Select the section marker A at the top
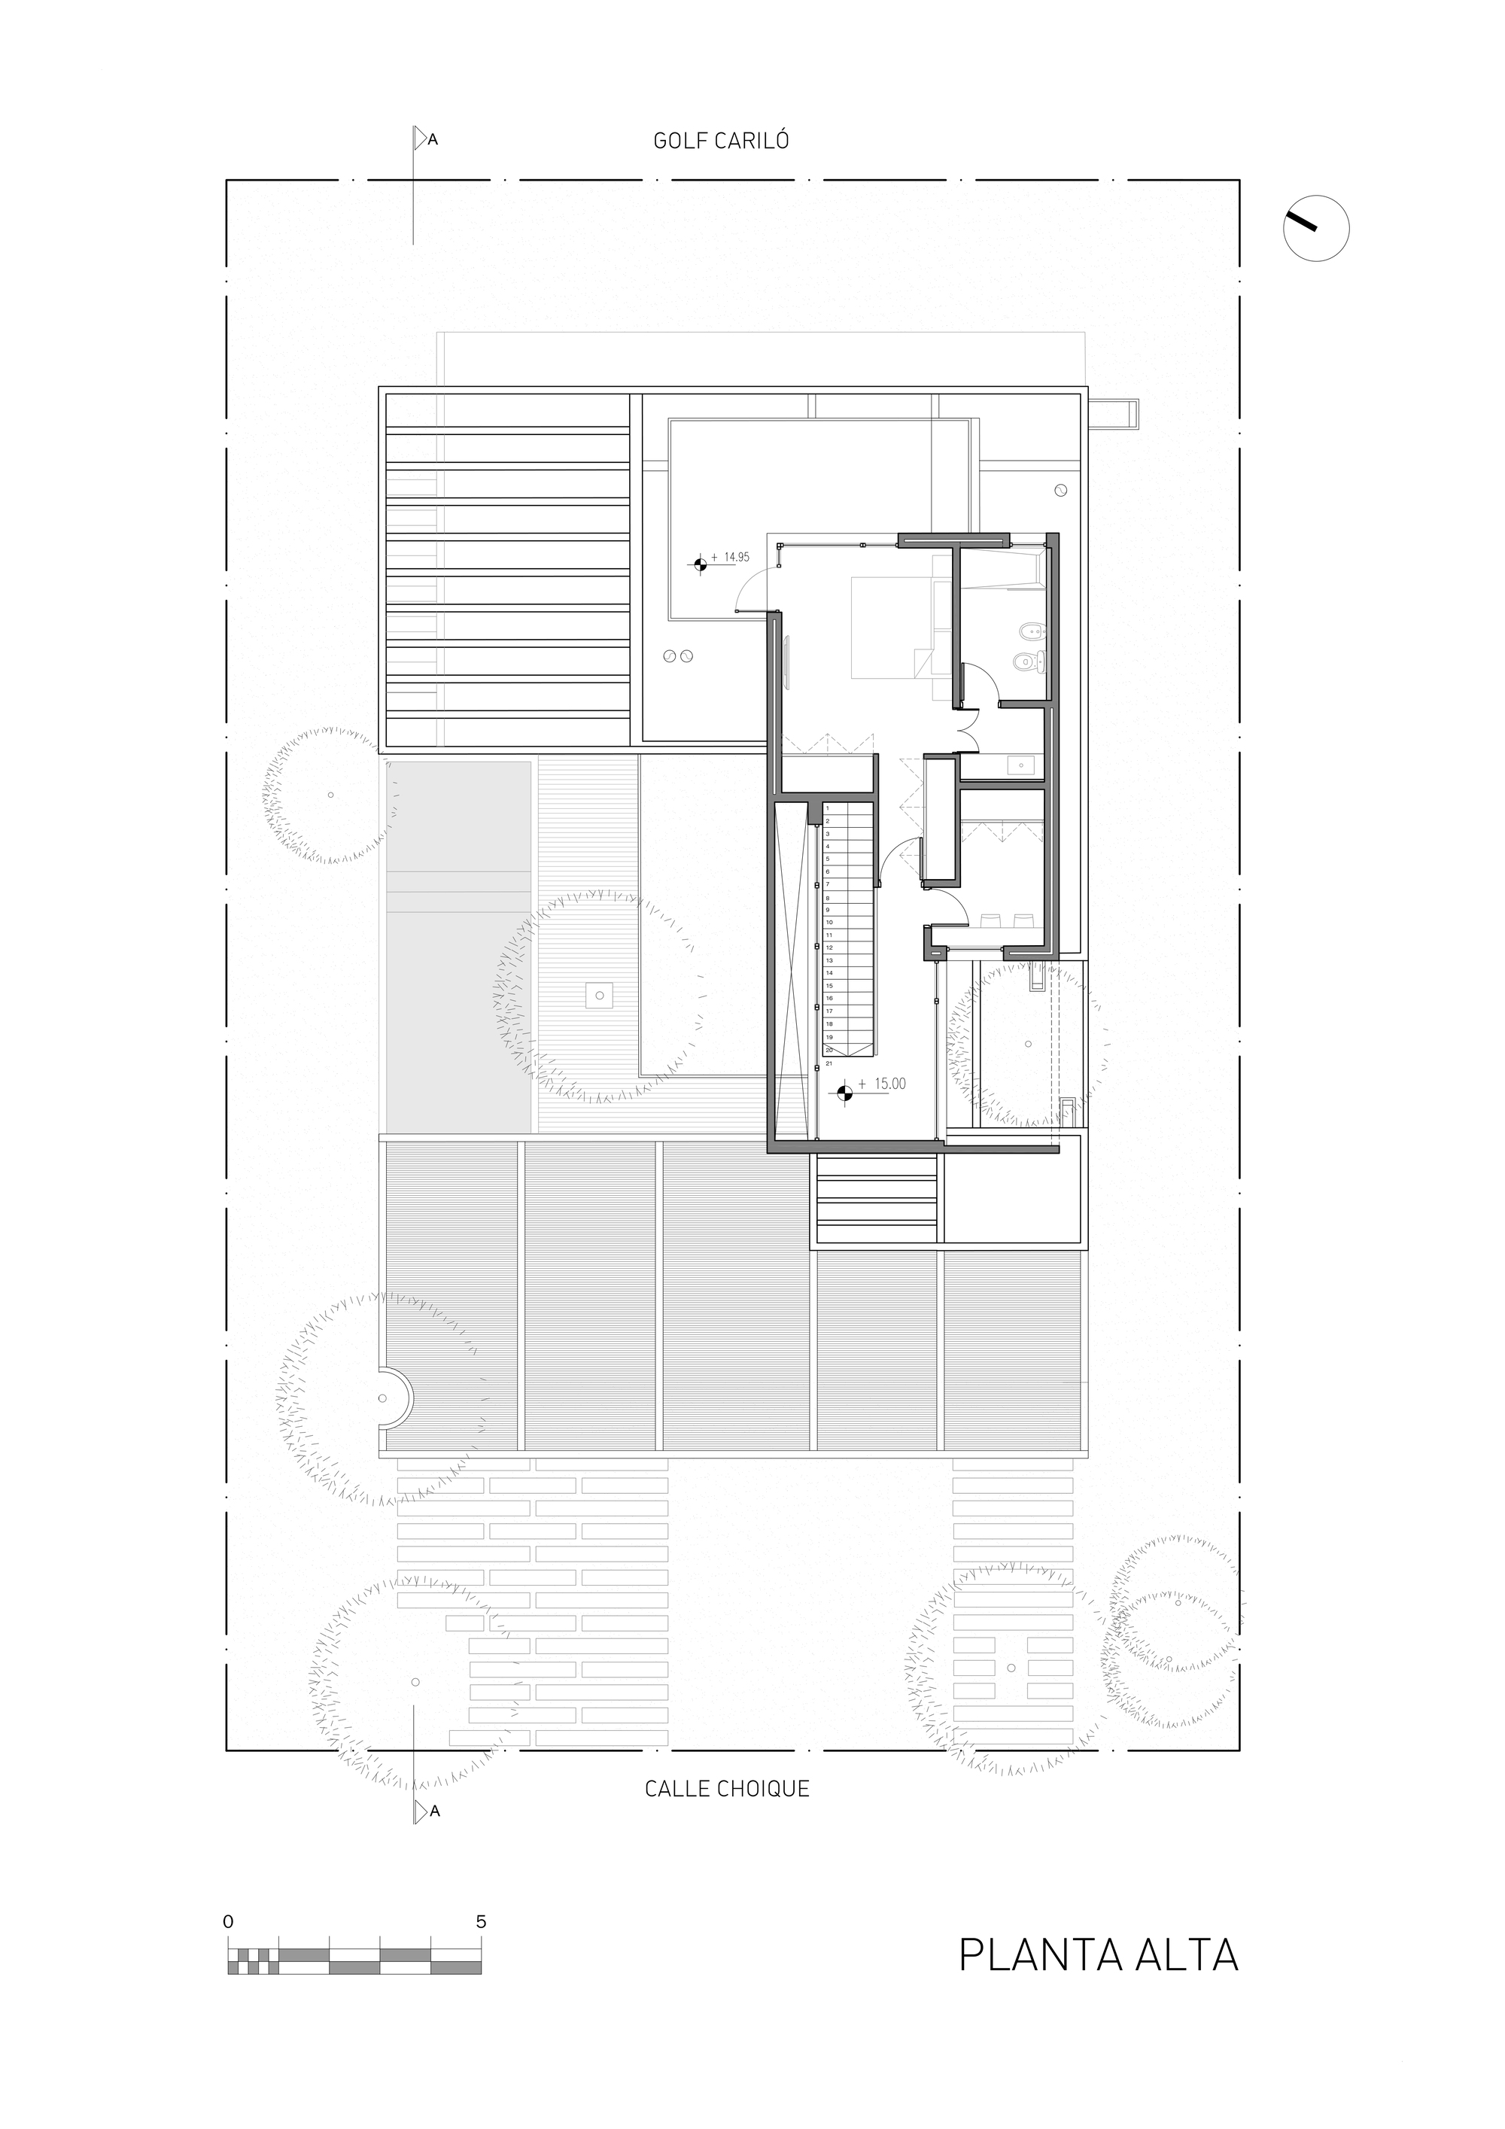point(432,140)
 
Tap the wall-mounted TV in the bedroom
point(787,662)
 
